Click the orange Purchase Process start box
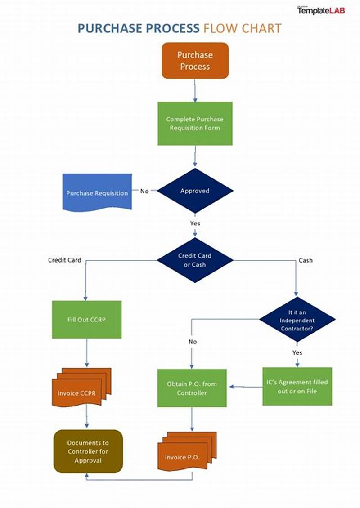click(x=195, y=61)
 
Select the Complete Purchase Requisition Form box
click(x=195, y=124)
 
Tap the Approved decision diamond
click(x=195, y=191)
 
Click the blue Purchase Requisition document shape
click(x=97, y=192)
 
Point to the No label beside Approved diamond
click(x=144, y=191)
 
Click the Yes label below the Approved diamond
click(x=195, y=223)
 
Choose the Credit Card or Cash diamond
click(x=195, y=260)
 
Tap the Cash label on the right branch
click(x=306, y=260)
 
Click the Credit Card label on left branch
click(x=65, y=260)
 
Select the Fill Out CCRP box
click(x=87, y=320)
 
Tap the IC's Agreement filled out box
click(x=297, y=387)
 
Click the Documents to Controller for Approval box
click(x=88, y=451)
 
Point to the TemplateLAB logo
click(x=321, y=10)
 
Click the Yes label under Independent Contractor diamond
click(x=297, y=352)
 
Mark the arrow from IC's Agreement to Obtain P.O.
click(x=245, y=386)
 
